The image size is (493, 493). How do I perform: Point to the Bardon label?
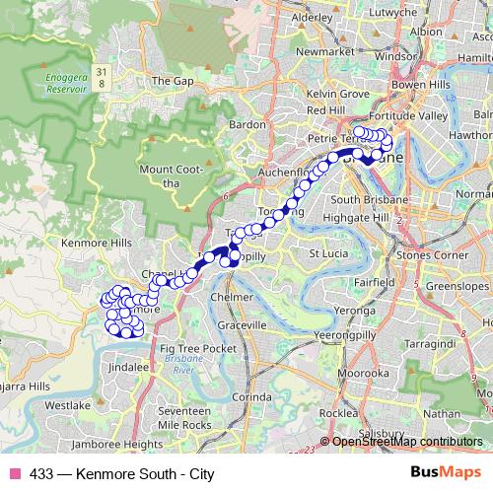(247, 125)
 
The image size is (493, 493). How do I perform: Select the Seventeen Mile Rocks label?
(184, 417)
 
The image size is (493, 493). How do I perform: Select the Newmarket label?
(323, 50)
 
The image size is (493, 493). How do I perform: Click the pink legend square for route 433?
(15, 474)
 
